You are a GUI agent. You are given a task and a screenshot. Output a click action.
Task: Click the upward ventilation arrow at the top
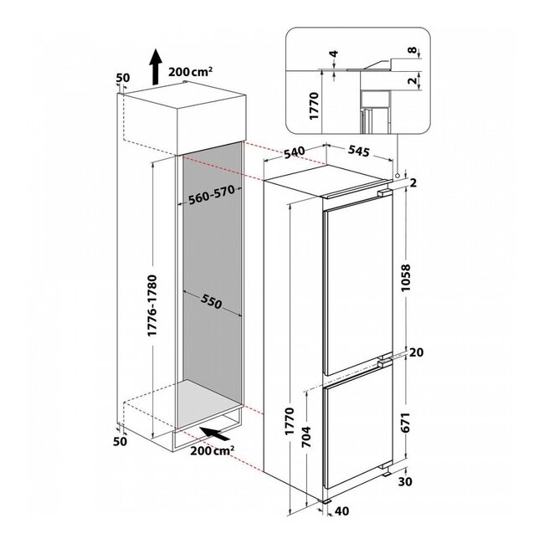point(156,67)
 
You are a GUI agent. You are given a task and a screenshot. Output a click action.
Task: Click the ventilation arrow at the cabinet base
point(215,434)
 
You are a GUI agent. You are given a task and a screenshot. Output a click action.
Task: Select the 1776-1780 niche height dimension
point(152,305)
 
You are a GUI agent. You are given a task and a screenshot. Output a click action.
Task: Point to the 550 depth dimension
point(211,302)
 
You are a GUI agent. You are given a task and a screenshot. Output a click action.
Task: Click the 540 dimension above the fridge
point(295,152)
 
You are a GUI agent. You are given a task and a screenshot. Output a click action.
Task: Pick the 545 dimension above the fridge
point(359,151)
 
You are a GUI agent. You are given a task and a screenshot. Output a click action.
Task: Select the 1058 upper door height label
point(406,278)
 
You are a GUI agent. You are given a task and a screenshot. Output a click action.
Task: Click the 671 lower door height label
point(406,422)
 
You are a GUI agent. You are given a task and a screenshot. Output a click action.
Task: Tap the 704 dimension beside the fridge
point(306,436)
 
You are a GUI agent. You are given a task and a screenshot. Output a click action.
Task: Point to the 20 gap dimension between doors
point(416,352)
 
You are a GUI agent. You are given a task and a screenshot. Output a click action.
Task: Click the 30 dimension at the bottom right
point(405,481)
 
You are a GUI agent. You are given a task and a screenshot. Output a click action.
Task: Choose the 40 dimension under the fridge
point(341,511)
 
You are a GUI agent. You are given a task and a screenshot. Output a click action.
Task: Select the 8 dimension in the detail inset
point(412,50)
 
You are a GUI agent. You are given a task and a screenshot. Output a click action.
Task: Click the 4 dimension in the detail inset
point(334,54)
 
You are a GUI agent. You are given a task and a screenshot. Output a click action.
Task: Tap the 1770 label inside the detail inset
point(314,105)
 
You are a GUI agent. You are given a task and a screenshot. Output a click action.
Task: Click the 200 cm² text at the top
point(191,71)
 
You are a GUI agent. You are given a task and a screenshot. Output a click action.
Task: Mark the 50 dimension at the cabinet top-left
point(122,78)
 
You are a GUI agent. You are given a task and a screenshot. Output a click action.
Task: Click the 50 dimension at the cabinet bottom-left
point(121,442)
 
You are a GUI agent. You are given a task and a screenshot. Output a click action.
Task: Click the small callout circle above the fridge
point(398,175)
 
